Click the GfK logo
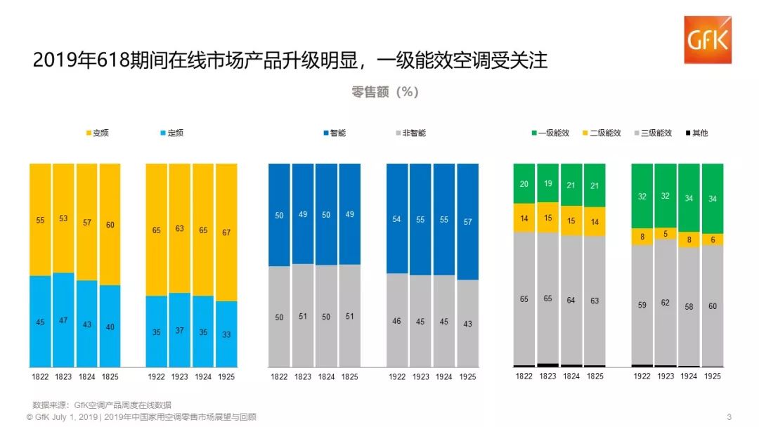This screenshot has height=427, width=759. (708, 40)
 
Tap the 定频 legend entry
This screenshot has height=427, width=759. (171, 133)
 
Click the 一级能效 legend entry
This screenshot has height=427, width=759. (550, 133)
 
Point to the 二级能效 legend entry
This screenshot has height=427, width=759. (601, 133)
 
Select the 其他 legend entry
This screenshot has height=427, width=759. (695, 133)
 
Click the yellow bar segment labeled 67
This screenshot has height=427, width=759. (226, 232)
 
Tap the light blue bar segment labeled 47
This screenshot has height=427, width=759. (63, 320)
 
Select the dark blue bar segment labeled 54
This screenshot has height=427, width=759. (397, 219)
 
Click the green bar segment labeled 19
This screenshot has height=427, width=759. (547, 183)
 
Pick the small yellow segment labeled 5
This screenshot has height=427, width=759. (666, 234)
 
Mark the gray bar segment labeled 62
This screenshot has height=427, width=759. (666, 303)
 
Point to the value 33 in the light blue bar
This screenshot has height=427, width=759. (226, 334)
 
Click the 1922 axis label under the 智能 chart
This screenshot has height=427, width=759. (397, 376)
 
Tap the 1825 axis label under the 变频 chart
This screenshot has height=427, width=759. (110, 376)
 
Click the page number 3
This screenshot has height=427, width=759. (729, 416)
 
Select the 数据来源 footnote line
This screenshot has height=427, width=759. (101, 405)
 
